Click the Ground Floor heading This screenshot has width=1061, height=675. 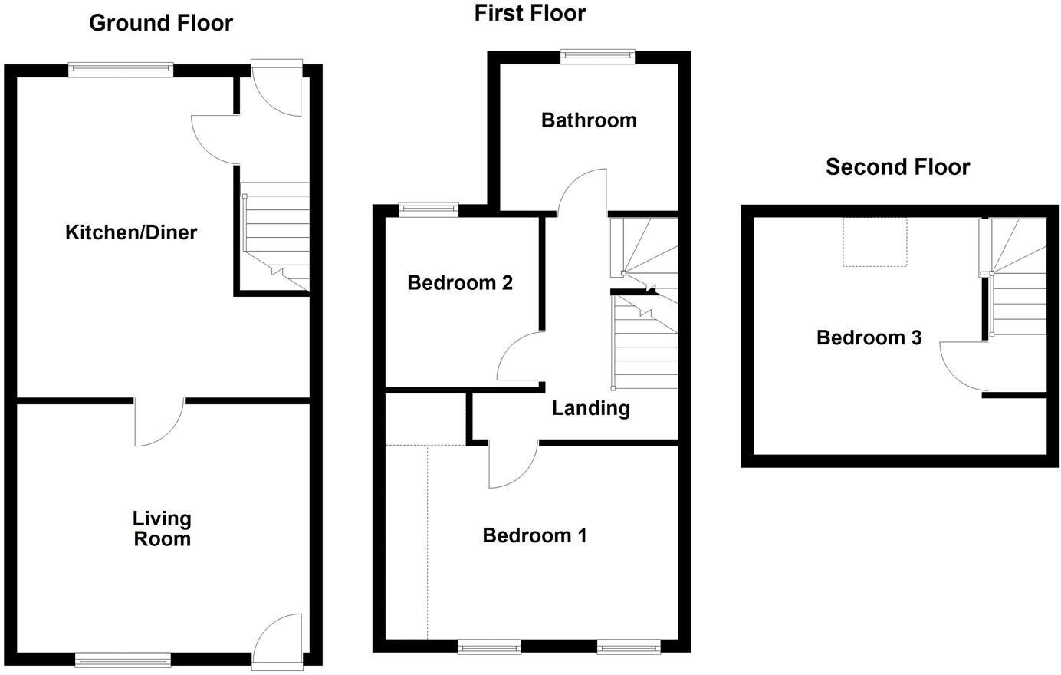point(161,23)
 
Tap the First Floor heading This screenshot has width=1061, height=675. point(530,13)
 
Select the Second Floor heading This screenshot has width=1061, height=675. point(898,166)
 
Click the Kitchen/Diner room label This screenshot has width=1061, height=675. point(131,232)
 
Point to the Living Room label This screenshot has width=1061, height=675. point(162,529)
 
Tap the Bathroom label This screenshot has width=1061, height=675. point(589,120)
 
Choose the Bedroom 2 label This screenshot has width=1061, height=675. point(460,283)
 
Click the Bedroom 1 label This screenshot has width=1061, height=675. point(534,535)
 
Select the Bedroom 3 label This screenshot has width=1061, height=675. point(869,337)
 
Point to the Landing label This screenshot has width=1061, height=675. point(591,408)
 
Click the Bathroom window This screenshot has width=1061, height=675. point(598,54)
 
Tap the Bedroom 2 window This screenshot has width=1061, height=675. point(429,207)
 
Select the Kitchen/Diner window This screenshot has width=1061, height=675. point(120,70)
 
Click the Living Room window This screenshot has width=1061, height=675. point(123,659)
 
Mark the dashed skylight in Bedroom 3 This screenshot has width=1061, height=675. point(875,242)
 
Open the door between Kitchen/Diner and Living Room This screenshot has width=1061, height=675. point(159,422)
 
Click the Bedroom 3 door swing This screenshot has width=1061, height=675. point(962,365)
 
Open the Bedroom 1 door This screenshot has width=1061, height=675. point(512,465)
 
